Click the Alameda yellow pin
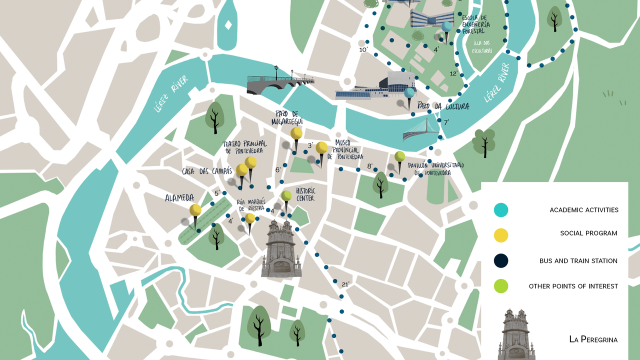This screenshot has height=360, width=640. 195,210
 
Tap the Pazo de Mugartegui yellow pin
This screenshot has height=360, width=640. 296,133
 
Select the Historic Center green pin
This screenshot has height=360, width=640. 286,195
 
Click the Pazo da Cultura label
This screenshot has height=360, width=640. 443,106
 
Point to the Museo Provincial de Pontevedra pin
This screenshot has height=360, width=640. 321,147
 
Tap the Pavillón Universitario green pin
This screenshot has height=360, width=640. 399,156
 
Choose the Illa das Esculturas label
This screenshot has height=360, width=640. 482,46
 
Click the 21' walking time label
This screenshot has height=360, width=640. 345,284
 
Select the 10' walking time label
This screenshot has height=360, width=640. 363,49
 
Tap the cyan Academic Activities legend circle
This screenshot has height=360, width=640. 501,210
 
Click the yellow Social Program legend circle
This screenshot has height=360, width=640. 501,235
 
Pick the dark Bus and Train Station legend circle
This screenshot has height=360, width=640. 501,260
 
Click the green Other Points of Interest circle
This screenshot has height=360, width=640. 501,286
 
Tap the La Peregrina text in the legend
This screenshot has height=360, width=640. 593,339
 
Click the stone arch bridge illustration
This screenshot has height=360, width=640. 277,84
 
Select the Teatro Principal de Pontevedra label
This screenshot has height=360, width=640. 244,147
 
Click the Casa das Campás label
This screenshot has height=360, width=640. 207,171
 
